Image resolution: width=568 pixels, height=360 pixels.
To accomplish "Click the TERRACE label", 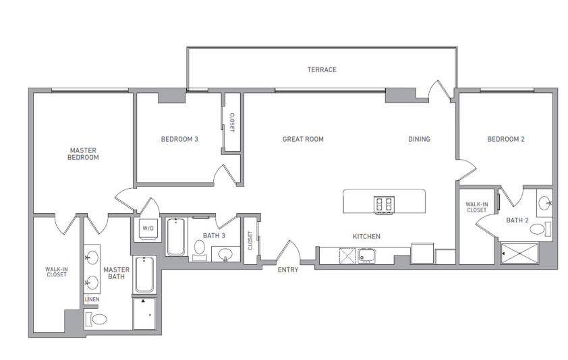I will tap(322, 69).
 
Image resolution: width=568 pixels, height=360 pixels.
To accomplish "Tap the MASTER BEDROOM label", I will tap(84, 154).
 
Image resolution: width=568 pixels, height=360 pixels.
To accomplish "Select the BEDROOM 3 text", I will tap(179, 140).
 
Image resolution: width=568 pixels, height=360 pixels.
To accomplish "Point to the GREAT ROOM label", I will tap(303, 140).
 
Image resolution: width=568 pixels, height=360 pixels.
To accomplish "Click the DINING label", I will tap(419, 140).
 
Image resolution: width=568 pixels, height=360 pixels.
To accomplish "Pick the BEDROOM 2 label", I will tap(506, 140).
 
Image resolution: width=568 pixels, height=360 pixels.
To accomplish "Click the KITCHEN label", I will tap(367, 237).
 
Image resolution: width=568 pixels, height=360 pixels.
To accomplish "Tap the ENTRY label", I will tap(288, 270).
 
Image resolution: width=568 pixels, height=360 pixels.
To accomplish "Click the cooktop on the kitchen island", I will tap(384, 204).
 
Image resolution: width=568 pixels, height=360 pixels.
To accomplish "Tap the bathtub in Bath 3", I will tap(176, 236).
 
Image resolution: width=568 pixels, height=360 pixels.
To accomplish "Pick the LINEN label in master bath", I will tap(92, 299).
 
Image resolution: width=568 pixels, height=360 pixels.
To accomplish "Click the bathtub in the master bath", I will tap(144, 275).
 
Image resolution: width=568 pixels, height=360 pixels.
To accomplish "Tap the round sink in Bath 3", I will tap(226, 255).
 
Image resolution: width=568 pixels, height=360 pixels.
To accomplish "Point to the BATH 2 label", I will tap(517, 220).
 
